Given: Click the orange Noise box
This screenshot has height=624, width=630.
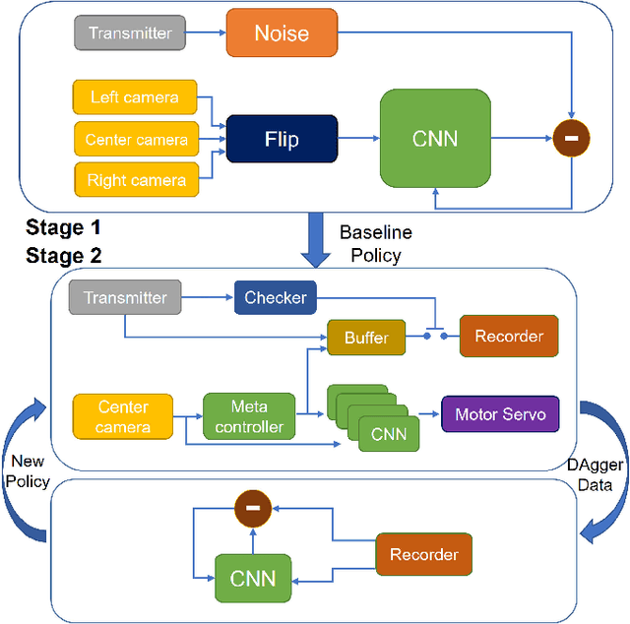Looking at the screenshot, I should (282, 32).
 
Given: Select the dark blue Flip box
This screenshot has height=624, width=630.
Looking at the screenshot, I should (282, 139).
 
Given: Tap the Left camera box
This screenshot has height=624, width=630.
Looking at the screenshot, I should (135, 97).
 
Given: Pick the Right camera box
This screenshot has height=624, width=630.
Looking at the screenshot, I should (135, 180).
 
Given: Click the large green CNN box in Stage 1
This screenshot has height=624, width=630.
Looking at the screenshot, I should (434, 139).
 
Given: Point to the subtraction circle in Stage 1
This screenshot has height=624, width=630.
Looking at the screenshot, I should (570, 139).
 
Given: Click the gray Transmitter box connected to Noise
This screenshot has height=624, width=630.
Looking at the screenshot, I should (130, 33).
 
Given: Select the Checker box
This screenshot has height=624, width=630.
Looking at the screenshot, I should (276, 297).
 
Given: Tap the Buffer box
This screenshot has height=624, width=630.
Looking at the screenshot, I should (366, 338).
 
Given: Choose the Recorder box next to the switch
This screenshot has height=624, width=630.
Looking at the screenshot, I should (509, 337).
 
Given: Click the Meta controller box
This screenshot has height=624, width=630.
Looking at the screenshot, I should (235, 416).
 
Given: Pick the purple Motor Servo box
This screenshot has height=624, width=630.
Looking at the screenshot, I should (500, 413).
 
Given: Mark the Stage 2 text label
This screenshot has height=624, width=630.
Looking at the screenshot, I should (64, 256).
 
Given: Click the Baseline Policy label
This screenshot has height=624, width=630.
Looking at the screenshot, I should (375, 244).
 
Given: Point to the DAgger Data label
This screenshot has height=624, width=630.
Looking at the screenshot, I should (591, 473).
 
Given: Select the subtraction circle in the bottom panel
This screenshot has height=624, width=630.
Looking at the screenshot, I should (252, 509).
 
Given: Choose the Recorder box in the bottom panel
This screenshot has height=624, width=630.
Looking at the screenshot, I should (423, 554).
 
